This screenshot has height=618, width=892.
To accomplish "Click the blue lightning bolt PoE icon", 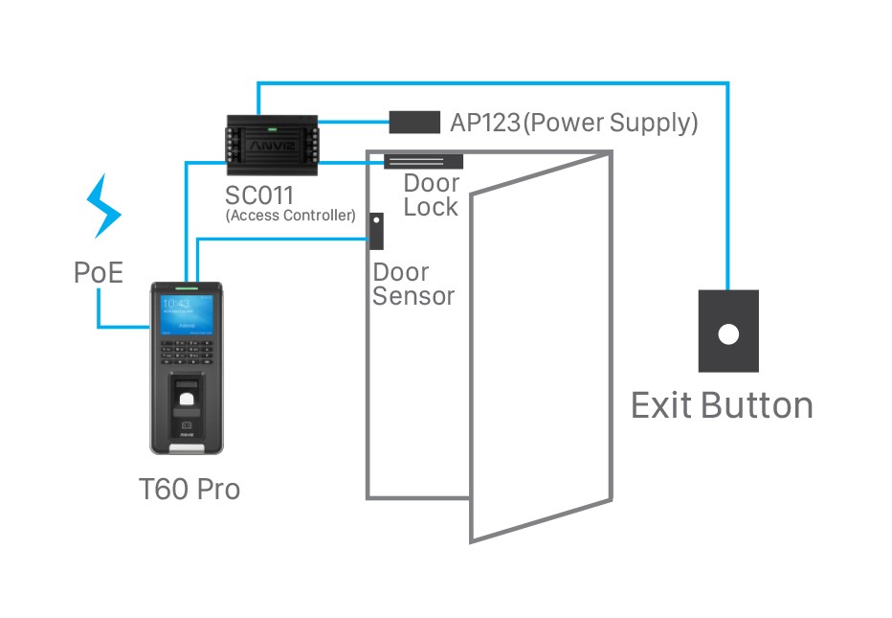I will (104, 205).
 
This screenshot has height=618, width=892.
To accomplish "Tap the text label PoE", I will (99, 273).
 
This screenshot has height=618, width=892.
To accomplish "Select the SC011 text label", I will (259, 195).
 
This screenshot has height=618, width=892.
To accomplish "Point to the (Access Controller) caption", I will (290, 217).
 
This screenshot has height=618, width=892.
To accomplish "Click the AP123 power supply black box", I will (413, 123).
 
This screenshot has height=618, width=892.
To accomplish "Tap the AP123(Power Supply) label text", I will (573, 123).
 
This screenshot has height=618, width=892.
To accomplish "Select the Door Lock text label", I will (431, 195).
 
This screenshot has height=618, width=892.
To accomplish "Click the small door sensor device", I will (376, 231).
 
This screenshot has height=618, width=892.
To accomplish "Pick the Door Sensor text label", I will (413, 284).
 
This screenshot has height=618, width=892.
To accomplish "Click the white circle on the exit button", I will (728, 334).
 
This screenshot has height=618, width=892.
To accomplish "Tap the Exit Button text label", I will (722, 405).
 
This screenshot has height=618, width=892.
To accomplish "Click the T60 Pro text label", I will (189, 490).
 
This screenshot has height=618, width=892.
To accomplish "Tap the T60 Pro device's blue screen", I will (187, 316).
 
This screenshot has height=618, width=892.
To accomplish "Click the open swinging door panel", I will (541, 355).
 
